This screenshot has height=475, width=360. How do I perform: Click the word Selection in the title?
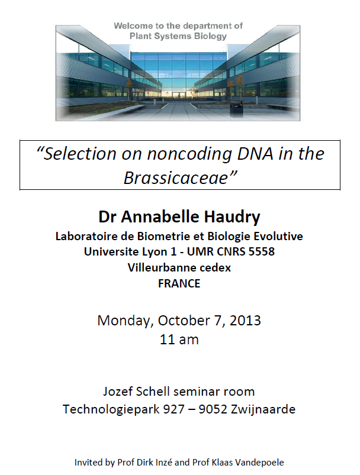(80, 154)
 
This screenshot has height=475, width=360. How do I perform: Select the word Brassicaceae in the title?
(176, 177)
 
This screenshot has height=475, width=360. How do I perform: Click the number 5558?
(262, 251)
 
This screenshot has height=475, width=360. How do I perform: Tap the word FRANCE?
(179, 283)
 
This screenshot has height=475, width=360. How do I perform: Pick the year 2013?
(245, 321)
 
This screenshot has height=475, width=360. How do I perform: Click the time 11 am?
(179, 340)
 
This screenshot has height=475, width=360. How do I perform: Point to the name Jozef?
(117, 392)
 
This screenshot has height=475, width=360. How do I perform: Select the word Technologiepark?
(111, 409)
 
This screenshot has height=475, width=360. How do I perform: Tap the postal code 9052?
(213, 409)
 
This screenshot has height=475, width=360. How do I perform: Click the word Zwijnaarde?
(263, 409)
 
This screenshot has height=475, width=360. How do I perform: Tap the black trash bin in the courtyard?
(236, 109)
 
